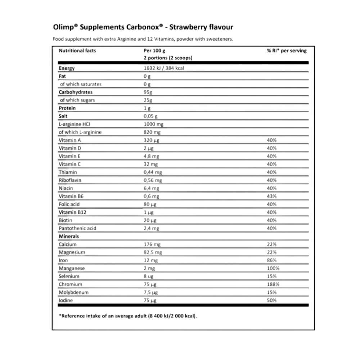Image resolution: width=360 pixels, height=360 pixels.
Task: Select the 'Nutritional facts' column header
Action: (x=77, y=51)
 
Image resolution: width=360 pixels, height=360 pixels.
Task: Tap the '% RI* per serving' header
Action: (x=287, y=51)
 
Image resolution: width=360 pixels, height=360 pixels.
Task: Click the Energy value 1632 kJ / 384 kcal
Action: (x=163, y=68)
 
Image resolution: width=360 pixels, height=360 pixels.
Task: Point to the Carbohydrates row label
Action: (x=76, y=92)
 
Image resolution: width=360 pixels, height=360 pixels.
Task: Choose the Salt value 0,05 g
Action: (x=150, y=116)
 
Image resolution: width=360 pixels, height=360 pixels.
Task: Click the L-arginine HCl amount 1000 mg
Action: (x=153, y=124)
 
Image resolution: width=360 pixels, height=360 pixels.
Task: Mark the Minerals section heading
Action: (x=69, y=237)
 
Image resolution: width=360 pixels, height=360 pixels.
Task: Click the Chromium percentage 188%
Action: (x=273, y=284)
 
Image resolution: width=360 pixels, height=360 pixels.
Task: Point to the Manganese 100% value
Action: (x=273, y=269)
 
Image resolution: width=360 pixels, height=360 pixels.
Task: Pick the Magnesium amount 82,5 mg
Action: (x=153, y=252)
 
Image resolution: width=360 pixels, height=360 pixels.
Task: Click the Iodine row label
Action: (x=66, y=301)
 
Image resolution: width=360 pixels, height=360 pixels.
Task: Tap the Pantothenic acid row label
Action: (x=77, y=228)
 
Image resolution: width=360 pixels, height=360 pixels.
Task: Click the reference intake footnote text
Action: (x=128, y=316)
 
